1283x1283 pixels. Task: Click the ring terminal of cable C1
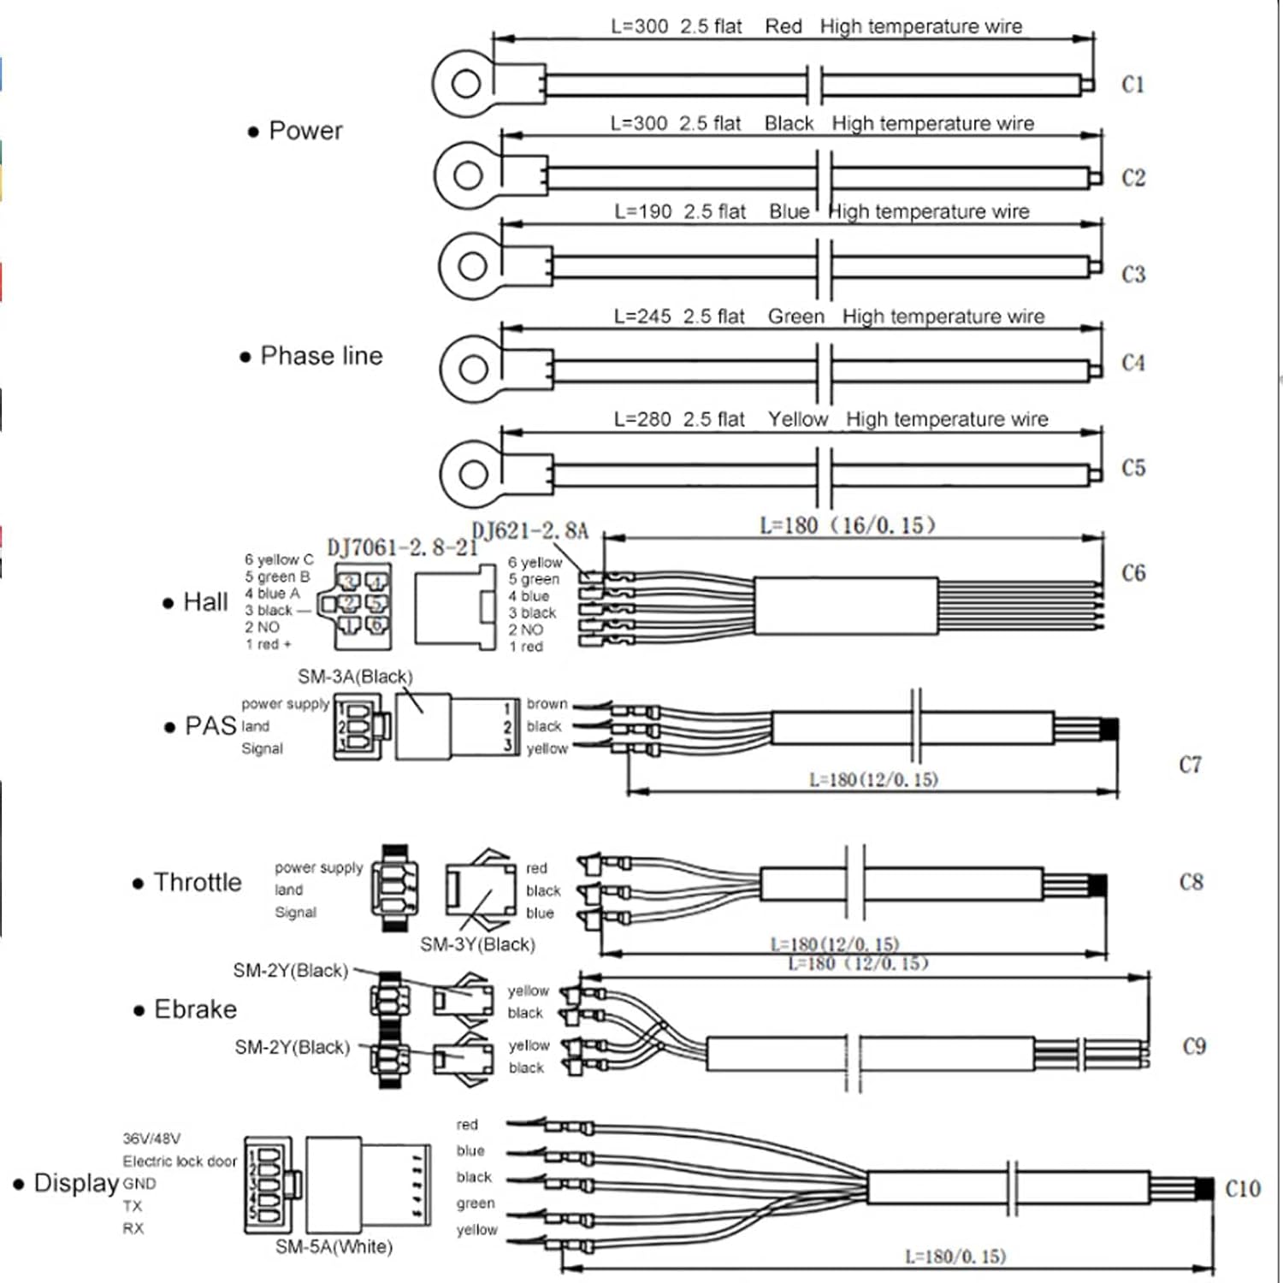point(464,84)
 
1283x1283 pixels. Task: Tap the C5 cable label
point(1133,468)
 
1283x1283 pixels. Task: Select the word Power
point(305,131)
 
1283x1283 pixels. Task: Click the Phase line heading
point(321,356)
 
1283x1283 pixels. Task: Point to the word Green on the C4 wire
point(795,316)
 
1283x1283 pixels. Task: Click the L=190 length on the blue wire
point(643,211)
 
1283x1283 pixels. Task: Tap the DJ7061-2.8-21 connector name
point(402,547)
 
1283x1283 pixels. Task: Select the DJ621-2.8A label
point(530,531)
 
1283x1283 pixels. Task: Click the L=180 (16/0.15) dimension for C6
point(848,525)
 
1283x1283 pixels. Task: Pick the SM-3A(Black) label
point(355,677)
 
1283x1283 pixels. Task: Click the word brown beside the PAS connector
point(547,704)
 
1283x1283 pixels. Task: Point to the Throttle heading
point(198,882)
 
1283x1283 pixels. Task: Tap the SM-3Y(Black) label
point(477,944)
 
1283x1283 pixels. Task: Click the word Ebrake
point(195,1009)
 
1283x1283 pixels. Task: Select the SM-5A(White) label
point(334,1247)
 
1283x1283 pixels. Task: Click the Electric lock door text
point(180,1162)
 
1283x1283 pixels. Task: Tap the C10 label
point(1243,1189)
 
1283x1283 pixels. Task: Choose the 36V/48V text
point(151,1138)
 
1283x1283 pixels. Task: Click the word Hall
point(205,602)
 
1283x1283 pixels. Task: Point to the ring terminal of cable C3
point(471,266)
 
